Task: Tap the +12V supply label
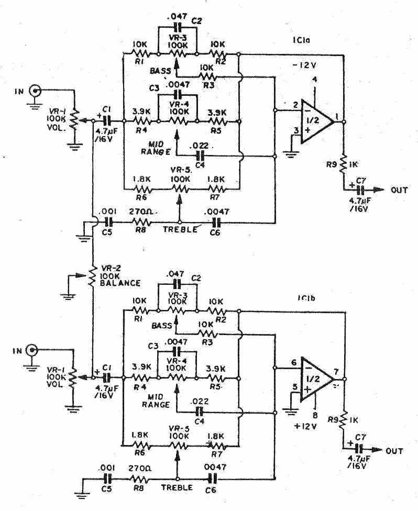[305, 426]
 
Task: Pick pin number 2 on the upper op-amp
[296, 105]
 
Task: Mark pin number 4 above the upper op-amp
[315, 80]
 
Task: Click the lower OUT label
[394, 450]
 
